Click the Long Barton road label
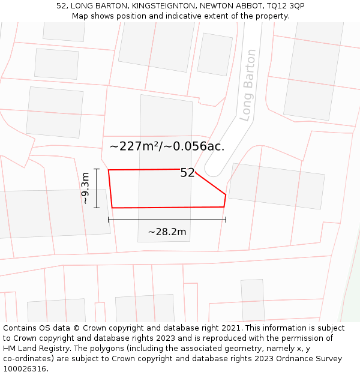(247, 85)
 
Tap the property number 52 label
(187, 173)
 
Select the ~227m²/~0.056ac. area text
(167, 146)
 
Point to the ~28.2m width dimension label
(167, 232)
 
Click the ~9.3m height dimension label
(86, 188)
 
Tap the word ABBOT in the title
(247, 6)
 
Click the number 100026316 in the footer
(25, 368)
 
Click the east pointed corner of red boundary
(226, 194)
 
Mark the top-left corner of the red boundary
(109, 170)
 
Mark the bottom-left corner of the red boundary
(112, 208)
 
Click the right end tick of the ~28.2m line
(226, 220)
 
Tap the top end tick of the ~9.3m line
(96, 170)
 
